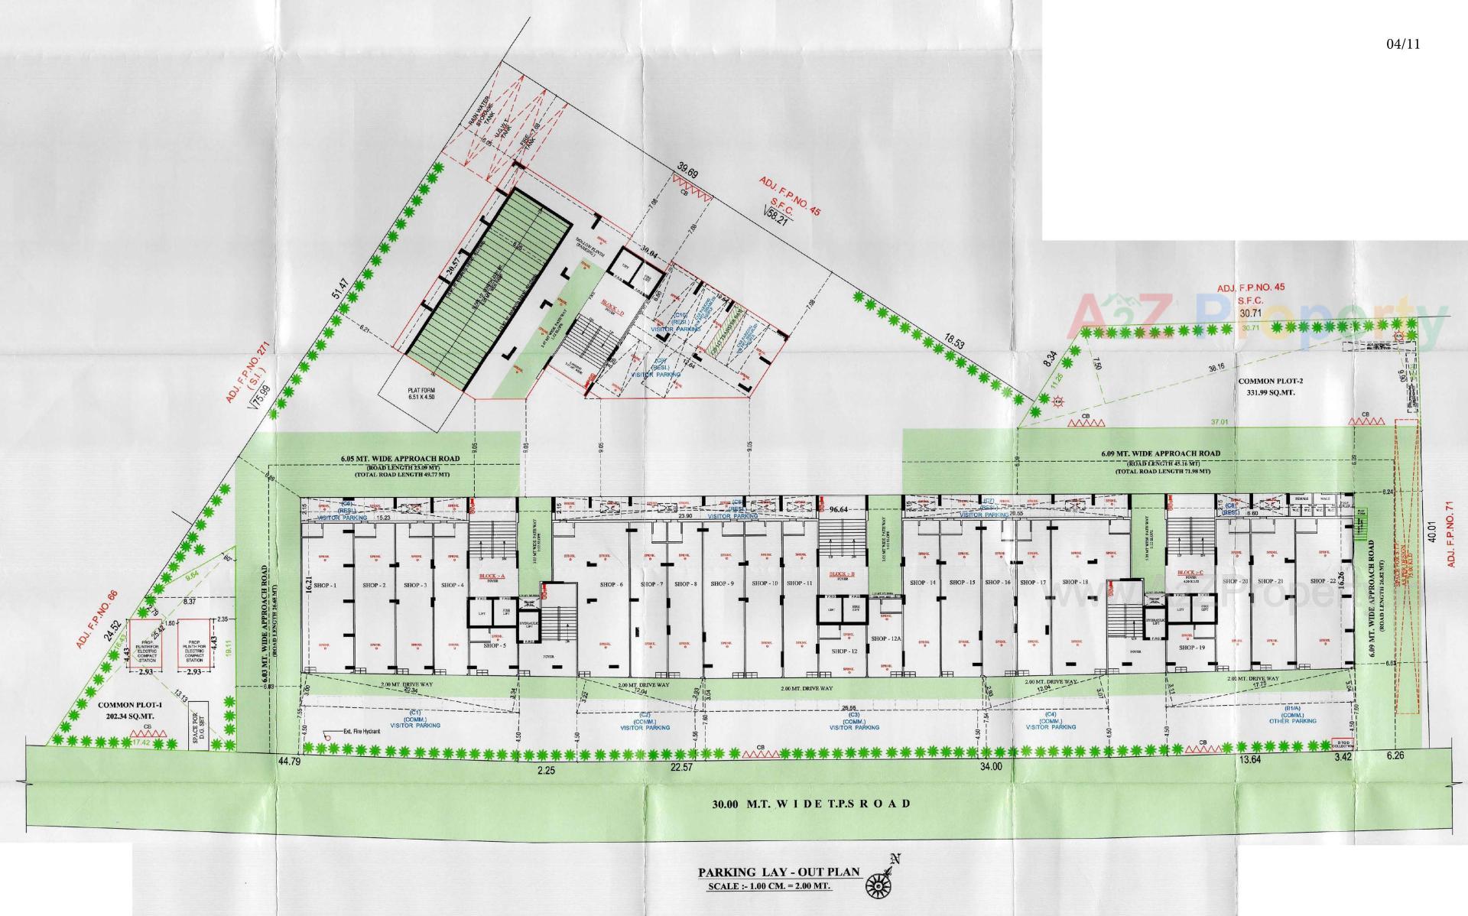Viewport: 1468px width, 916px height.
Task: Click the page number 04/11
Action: click(1402, 44)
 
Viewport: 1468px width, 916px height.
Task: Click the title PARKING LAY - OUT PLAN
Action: click(779, 872)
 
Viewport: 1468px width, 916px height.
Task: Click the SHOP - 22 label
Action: click(1320, 581)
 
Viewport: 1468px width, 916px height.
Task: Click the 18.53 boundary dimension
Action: click(953, 341)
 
